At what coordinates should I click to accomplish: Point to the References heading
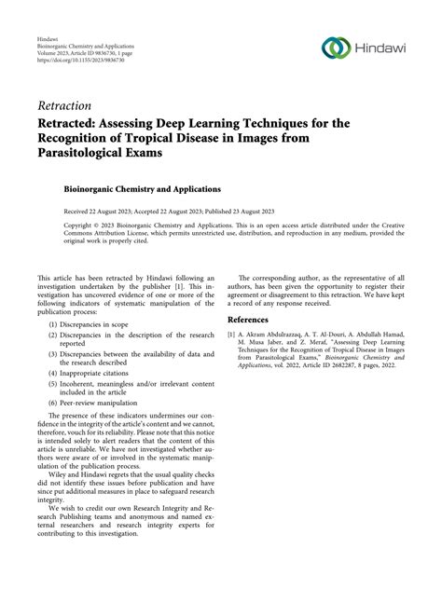tap(255, 320)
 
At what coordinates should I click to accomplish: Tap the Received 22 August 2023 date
tap(100, 211)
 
